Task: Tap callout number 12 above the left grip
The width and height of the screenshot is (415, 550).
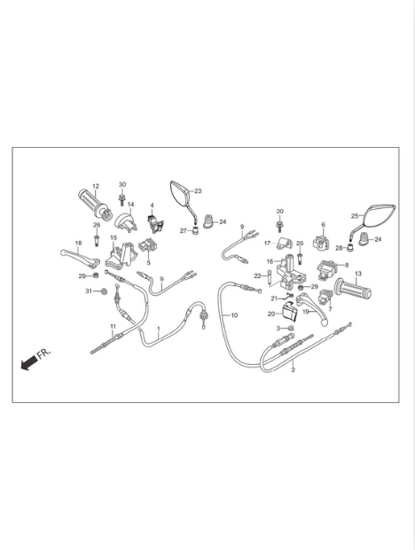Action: click(x=96, y=186)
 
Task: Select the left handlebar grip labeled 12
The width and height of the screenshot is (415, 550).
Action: click(x=95, y=203)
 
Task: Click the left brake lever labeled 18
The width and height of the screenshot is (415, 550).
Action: click(x=80, y=256)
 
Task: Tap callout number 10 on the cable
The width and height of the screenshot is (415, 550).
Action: click(x=234, y=315)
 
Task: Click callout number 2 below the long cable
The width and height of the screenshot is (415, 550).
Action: click(x=294, y=369)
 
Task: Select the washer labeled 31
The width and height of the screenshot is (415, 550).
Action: click(x=104, y=291)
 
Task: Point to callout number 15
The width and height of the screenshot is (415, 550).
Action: click(x=114, y=238)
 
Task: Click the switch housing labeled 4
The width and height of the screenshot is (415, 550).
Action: click(x=154, y=223)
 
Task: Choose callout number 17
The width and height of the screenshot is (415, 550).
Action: click(x=268, y=243)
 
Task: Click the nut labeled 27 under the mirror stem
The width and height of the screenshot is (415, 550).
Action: click(x=195, y=231)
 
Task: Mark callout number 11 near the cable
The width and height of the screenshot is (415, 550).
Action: click(x=113, y=327)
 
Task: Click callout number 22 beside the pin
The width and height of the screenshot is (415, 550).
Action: click(x=257, y=276)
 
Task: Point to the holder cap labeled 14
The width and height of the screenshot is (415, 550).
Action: click(x=127, y=221)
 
